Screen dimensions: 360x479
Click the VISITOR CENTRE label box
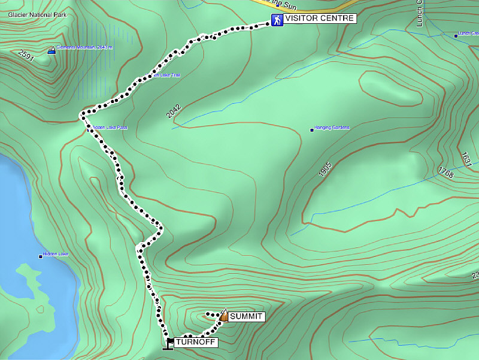pyautogui.click(x=319, y=19)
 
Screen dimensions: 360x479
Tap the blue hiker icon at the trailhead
pyautogui.click(x=277, y=20)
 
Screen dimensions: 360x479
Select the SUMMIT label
pyautogui.click(x=246, y=317)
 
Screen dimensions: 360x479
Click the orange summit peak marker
pyautogui.click(x=223, y=316)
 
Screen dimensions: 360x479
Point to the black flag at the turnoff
pyautogui.click(x=169, y=343)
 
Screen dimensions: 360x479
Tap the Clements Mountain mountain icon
pyautogui.click(x=51, y=50)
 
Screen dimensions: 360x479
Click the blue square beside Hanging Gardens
pyautogui.click(x=311, y=129)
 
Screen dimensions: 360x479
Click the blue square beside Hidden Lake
pyautogui.click(x=41, y=256)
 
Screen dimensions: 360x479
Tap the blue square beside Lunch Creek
pyautogui.click(x=456, y=36)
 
